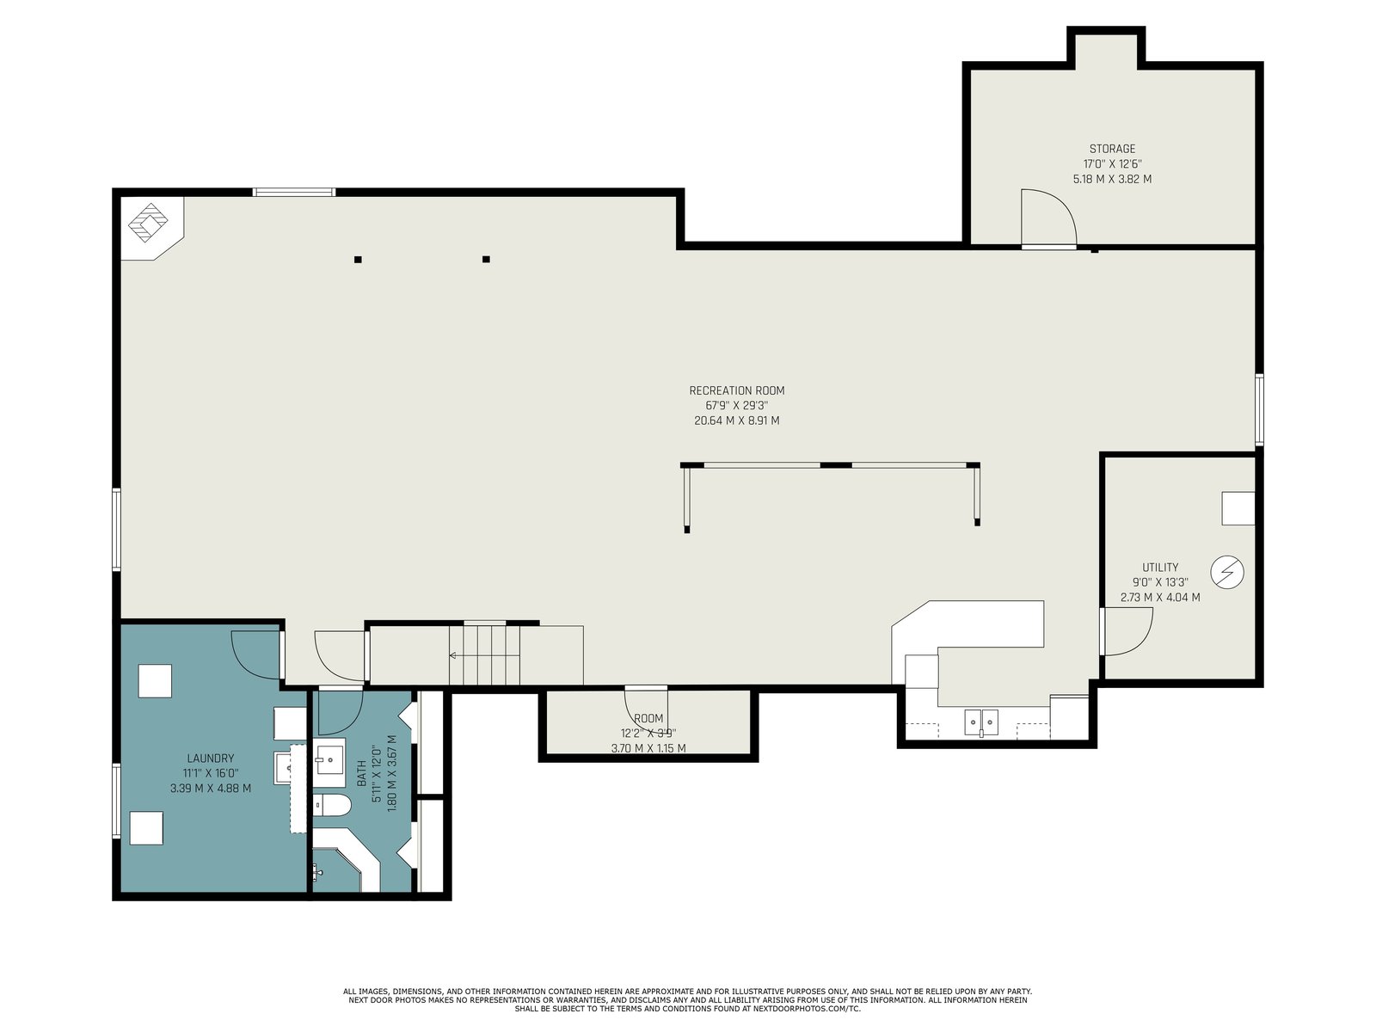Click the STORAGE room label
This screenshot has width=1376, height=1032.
pyautogui.click(x=1111, y=149)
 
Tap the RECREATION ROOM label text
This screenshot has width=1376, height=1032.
pyautogui.click(x=736, y=391)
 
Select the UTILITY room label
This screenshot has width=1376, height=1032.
pyautogui.click(x=1160, y=568)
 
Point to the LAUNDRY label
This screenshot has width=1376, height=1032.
pyautogui.click(x=210, y=759)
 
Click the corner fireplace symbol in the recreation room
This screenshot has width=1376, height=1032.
pyautogui.click(x=149, y=222)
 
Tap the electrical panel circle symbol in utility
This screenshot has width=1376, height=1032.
pyautogui.click(x=1227, y=572)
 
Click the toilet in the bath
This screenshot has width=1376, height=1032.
pyautogui.click(x=330, y=805)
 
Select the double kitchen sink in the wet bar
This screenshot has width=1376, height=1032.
pyautogui.click(x=981, y=722)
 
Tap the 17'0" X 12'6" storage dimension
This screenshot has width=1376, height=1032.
pyautogui.click(x=1112, y=164)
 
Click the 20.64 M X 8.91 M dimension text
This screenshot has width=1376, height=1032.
pyautogui.click(x=736, y=421)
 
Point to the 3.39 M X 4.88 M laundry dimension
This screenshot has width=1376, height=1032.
pyautogui.click(x=210, y=789)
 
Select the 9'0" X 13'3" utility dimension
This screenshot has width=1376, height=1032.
pyautogui.click(x=1160, y=583)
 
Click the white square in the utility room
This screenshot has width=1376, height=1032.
pyautogui.click(x=1238, y=508)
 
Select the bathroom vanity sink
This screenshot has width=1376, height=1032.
pyautogui.click(x=329, y=762)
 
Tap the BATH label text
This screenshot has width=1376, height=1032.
pyautogui.click(x=361, y=773)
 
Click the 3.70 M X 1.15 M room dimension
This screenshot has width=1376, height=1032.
pyautogui.click(x=648, y=748)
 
